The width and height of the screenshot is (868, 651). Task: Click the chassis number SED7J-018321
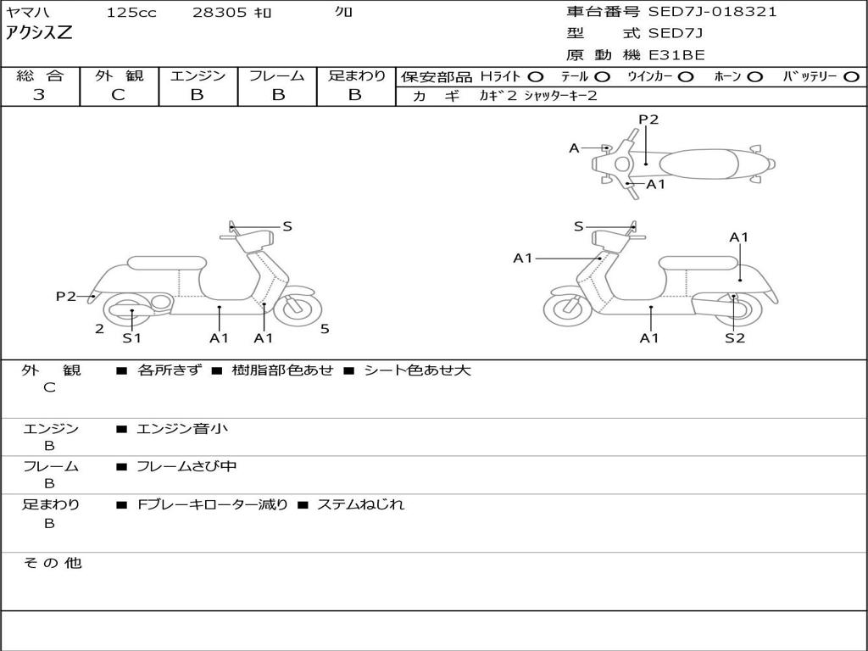[x=712, y=12]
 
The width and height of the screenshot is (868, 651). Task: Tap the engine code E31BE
[x=676, y=55]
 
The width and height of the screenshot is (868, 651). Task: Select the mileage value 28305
[x=220, y=13]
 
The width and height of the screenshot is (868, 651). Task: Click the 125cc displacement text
[x=131, y=13]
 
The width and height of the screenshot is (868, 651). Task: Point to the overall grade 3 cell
[x=39, y=95]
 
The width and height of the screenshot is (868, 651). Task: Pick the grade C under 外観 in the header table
[x=118, y=95]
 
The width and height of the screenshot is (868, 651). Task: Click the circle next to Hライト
[x=537, y=76]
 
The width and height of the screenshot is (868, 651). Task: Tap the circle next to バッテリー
[x=851, y=76]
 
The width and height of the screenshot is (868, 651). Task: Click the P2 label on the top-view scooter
[x=648, y=120]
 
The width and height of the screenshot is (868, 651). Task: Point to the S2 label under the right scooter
[x=734, y=338]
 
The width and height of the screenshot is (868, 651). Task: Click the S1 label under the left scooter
[x=131, y=338]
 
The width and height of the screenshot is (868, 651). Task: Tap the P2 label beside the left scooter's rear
[x=66, y=296]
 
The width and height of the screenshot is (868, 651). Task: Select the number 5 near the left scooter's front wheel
[x=325, y=329]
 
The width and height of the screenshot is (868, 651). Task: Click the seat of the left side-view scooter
[x=165, y=262]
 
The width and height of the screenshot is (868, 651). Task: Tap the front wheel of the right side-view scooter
[x=567, y=309]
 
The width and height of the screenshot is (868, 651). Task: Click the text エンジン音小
[x=182, y=429]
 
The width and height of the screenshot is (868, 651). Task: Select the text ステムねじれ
[x=360, y=504]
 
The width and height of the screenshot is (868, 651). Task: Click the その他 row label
[x=52, y=563]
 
